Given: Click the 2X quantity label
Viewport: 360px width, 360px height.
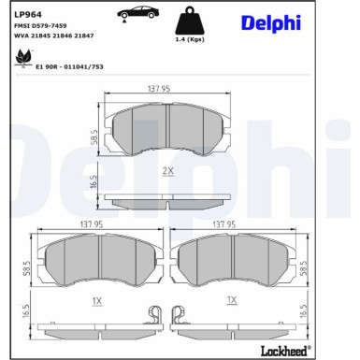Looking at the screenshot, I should [x=168, y=170].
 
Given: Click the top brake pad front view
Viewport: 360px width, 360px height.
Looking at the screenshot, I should [x=167, y=130].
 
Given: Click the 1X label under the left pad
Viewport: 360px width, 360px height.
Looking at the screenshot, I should [x=96, y=302].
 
